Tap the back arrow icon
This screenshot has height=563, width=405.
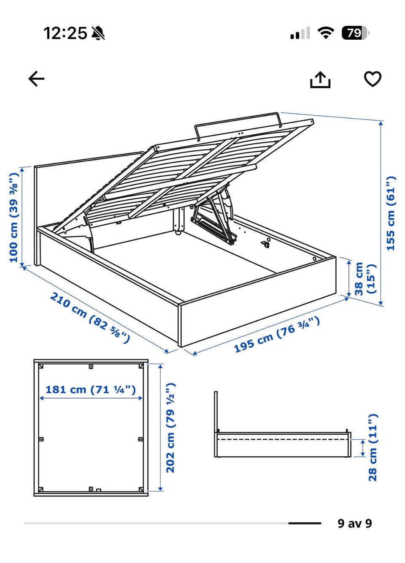(36, 79)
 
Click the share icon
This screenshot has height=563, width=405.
(320, 79)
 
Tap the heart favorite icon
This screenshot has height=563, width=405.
(373, 79)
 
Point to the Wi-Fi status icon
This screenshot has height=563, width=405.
(326, 33)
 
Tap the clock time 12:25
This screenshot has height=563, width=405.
(65, 33)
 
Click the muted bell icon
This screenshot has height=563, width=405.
(98, 33)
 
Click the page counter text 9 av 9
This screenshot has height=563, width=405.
(354, 523)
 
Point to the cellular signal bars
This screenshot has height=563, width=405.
(300, 33)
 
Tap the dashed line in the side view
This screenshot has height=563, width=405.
(283, 439)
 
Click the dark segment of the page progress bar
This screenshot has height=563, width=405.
(305, 523)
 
